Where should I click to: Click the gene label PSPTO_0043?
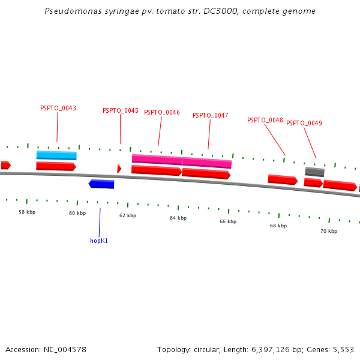coord(58,109)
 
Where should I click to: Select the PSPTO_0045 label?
coord(120,111)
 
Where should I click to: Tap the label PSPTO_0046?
coord(161,113)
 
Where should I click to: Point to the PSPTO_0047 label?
coord(210,116)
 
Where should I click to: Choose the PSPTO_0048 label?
coord(265,121)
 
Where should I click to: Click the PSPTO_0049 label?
coord(304,124)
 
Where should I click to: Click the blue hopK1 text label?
coord(99,241)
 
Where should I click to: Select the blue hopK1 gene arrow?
coord(101,184)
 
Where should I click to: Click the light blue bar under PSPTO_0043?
coord(56,155)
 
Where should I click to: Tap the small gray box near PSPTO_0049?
coord(314,172)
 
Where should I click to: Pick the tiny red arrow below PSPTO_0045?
coord(119,169)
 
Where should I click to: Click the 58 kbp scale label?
coord(27,212)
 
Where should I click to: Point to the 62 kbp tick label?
coord(127,215)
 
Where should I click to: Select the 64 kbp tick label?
coord(178,218)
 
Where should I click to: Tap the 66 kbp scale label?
coord(228,222)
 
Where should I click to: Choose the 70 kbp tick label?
coord(328,231)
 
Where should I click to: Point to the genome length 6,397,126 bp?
coord(275,349)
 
